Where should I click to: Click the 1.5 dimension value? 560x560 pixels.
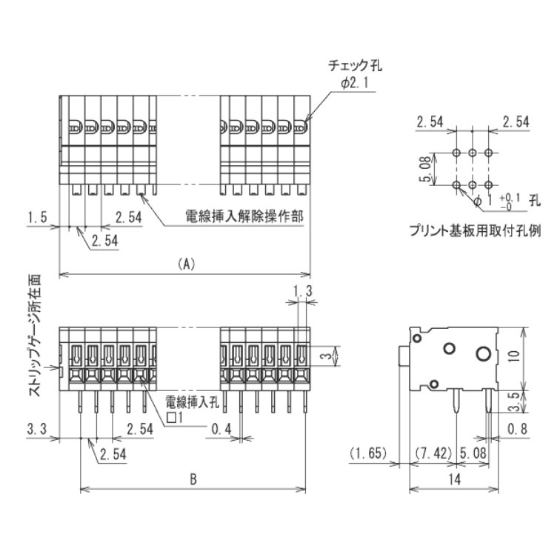tap(37, 217)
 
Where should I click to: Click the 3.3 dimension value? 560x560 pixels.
tap(37, 428)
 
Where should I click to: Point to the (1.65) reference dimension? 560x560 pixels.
tap(364, 453)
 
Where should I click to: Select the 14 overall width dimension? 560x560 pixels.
tap(454, 479)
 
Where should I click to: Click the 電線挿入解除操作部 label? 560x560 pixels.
tap(235, 218)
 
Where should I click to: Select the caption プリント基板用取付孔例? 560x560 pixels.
tap(475, 230)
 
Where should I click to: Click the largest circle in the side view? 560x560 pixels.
tap(482, 353)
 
